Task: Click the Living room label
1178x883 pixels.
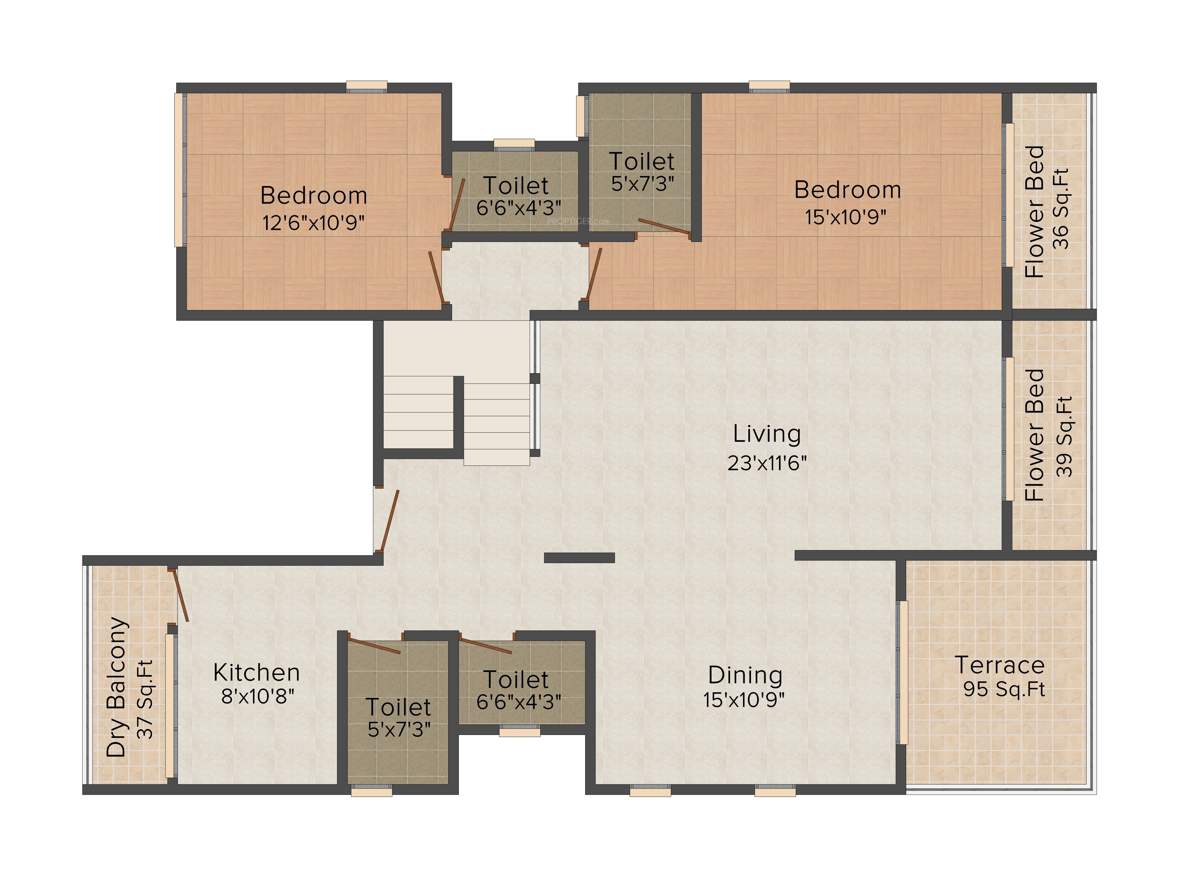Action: pos(767,434)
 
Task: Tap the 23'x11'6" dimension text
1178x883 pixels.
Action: pos(767,463)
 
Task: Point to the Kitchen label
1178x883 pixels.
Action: pos(257,673)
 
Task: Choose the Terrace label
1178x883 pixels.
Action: pos(1000,665)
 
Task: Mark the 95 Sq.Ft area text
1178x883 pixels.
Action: pos(1004,689)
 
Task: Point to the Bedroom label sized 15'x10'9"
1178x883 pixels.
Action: pos(847,190)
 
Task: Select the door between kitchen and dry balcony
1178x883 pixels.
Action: pos(180,595)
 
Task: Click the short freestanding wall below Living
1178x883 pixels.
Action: pos(579,558)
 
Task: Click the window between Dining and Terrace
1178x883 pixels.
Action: pos(901,672)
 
